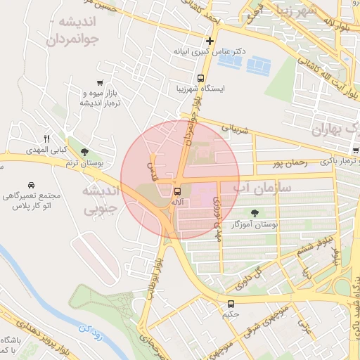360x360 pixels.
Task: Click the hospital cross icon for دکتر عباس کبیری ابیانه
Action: tap(209, 41)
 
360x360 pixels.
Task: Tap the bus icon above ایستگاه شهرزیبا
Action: tap(201, 78)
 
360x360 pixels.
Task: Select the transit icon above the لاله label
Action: tap(176, 191)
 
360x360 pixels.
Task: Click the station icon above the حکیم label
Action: tap(231, 304)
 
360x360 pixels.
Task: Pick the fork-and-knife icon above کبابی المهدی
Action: tap(47, 139)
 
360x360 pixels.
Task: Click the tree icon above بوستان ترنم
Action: tap(85, 152)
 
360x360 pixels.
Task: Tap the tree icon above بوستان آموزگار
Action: tap(254, 212)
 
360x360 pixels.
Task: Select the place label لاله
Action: tap(177, 202)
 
